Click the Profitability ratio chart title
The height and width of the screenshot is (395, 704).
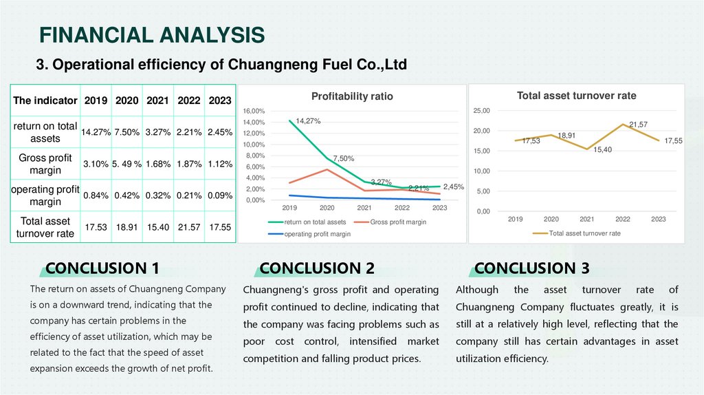(x=352, y=96)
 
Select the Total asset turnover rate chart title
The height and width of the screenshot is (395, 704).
(x=576, y=96)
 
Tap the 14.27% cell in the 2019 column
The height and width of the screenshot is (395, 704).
(x=96, y=132)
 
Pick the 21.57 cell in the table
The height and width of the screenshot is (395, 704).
(x=189, y=226)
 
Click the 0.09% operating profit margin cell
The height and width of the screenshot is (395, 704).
(x=220, y=195)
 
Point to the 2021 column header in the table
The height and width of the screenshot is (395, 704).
(x=157, y=100)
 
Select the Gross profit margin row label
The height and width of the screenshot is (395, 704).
(x=45, y=164)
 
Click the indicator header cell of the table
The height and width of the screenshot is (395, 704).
(x=45, y=100)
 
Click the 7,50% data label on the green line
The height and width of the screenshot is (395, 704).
(x=344, y=158)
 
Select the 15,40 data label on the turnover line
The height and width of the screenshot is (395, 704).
(x=602, y=149)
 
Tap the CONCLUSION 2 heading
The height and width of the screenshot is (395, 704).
(x=317, y=268)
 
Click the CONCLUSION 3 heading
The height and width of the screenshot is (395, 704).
(x=531, y=268)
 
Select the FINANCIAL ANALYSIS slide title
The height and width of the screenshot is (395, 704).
(x=152, y=34)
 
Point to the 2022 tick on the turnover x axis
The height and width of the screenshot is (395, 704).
(x=622, y=219)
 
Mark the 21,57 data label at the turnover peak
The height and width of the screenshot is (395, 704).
(x=638, y=124)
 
